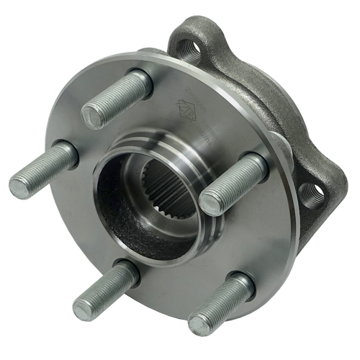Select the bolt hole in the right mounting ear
coord(311,192)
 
